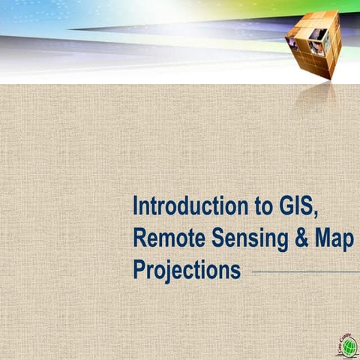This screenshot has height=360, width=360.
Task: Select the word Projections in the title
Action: pyautogui.click(x=187, y=269)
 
